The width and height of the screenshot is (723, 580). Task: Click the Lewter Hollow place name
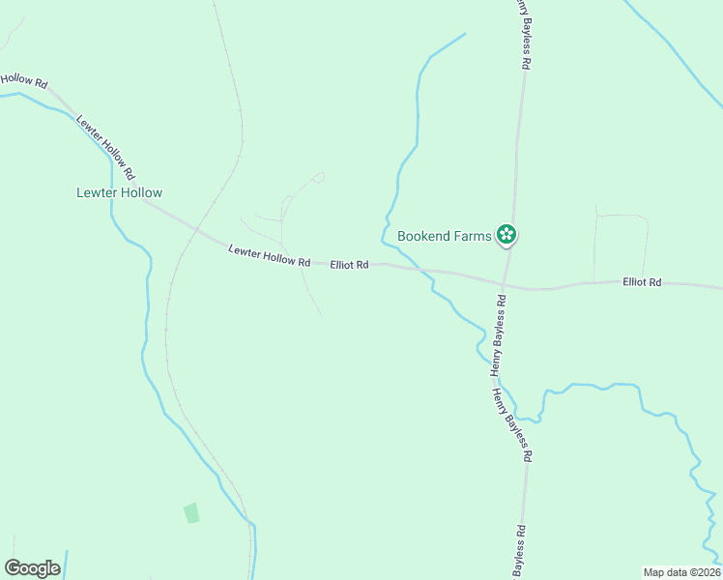point(120,192)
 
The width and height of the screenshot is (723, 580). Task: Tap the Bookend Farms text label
point(445,235)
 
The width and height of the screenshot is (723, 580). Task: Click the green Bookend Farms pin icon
point(506,234)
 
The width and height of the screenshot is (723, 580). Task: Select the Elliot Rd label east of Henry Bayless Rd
point(642,281)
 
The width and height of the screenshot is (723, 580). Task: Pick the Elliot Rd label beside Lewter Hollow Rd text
point(349,264)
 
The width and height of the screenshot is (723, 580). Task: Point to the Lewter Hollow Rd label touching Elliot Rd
point(269,256)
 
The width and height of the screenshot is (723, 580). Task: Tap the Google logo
point(32,568)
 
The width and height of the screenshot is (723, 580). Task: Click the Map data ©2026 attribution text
point(681,572)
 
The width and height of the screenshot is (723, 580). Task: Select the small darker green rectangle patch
point(191,512)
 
